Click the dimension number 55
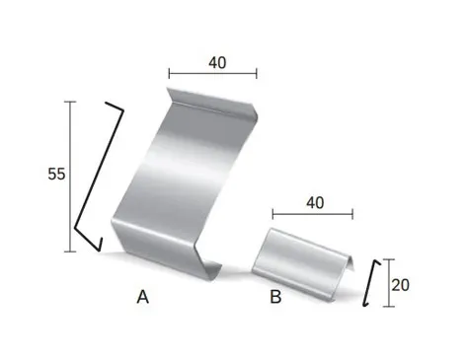[x=56, y=174]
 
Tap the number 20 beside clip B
[x=401, y=285]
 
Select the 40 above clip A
[x=217, y=62]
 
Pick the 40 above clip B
[x=315, y=203]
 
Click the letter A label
[x=143, y=297]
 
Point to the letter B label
[x=275, y=297]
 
